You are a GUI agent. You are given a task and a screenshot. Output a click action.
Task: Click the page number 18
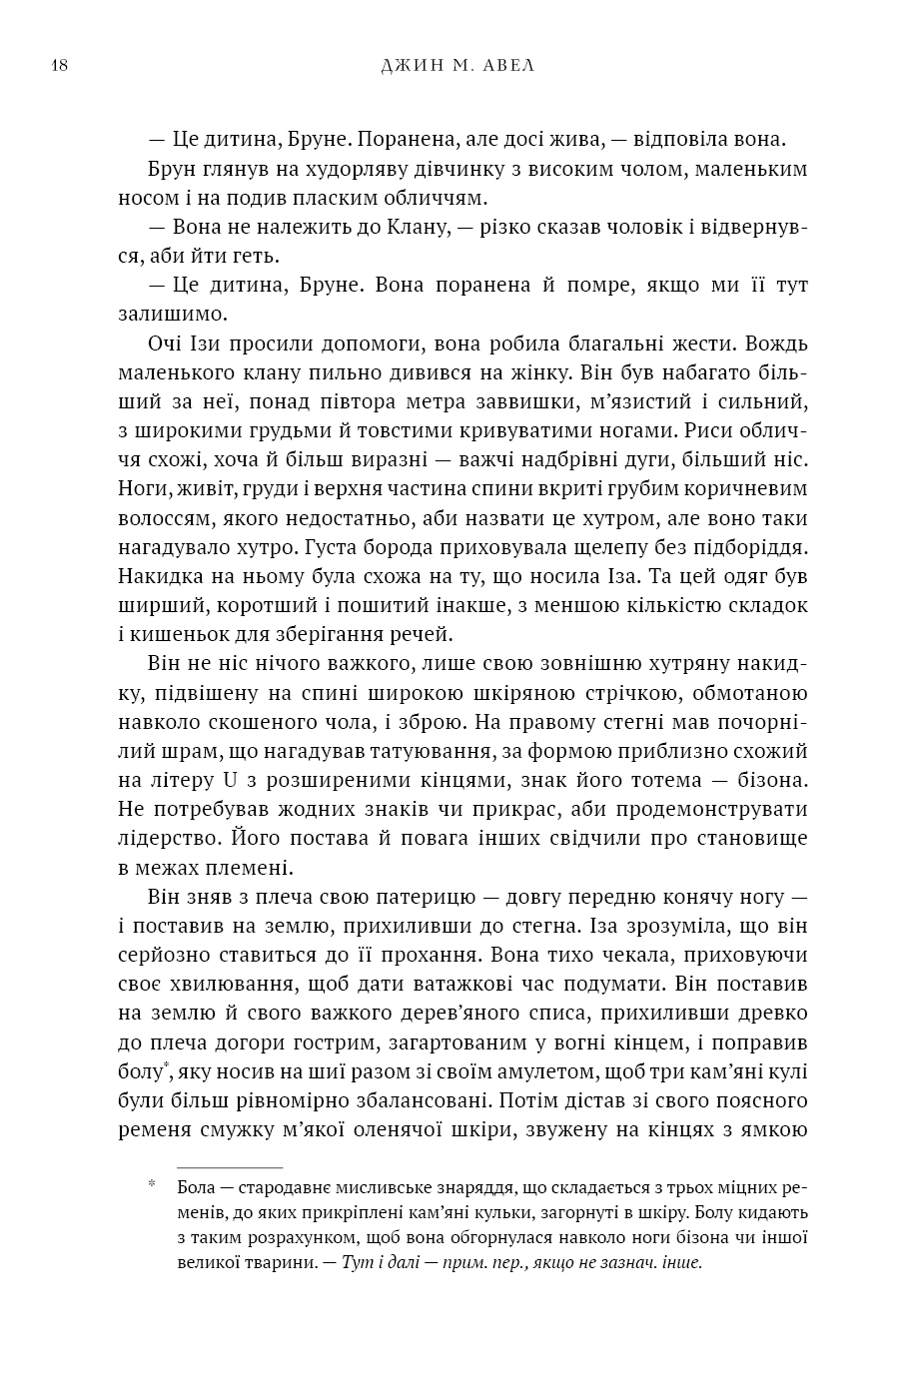click(x=58, y=66)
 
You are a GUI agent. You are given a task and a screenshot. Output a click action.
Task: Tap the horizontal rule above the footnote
click(x=230, y=1166)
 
